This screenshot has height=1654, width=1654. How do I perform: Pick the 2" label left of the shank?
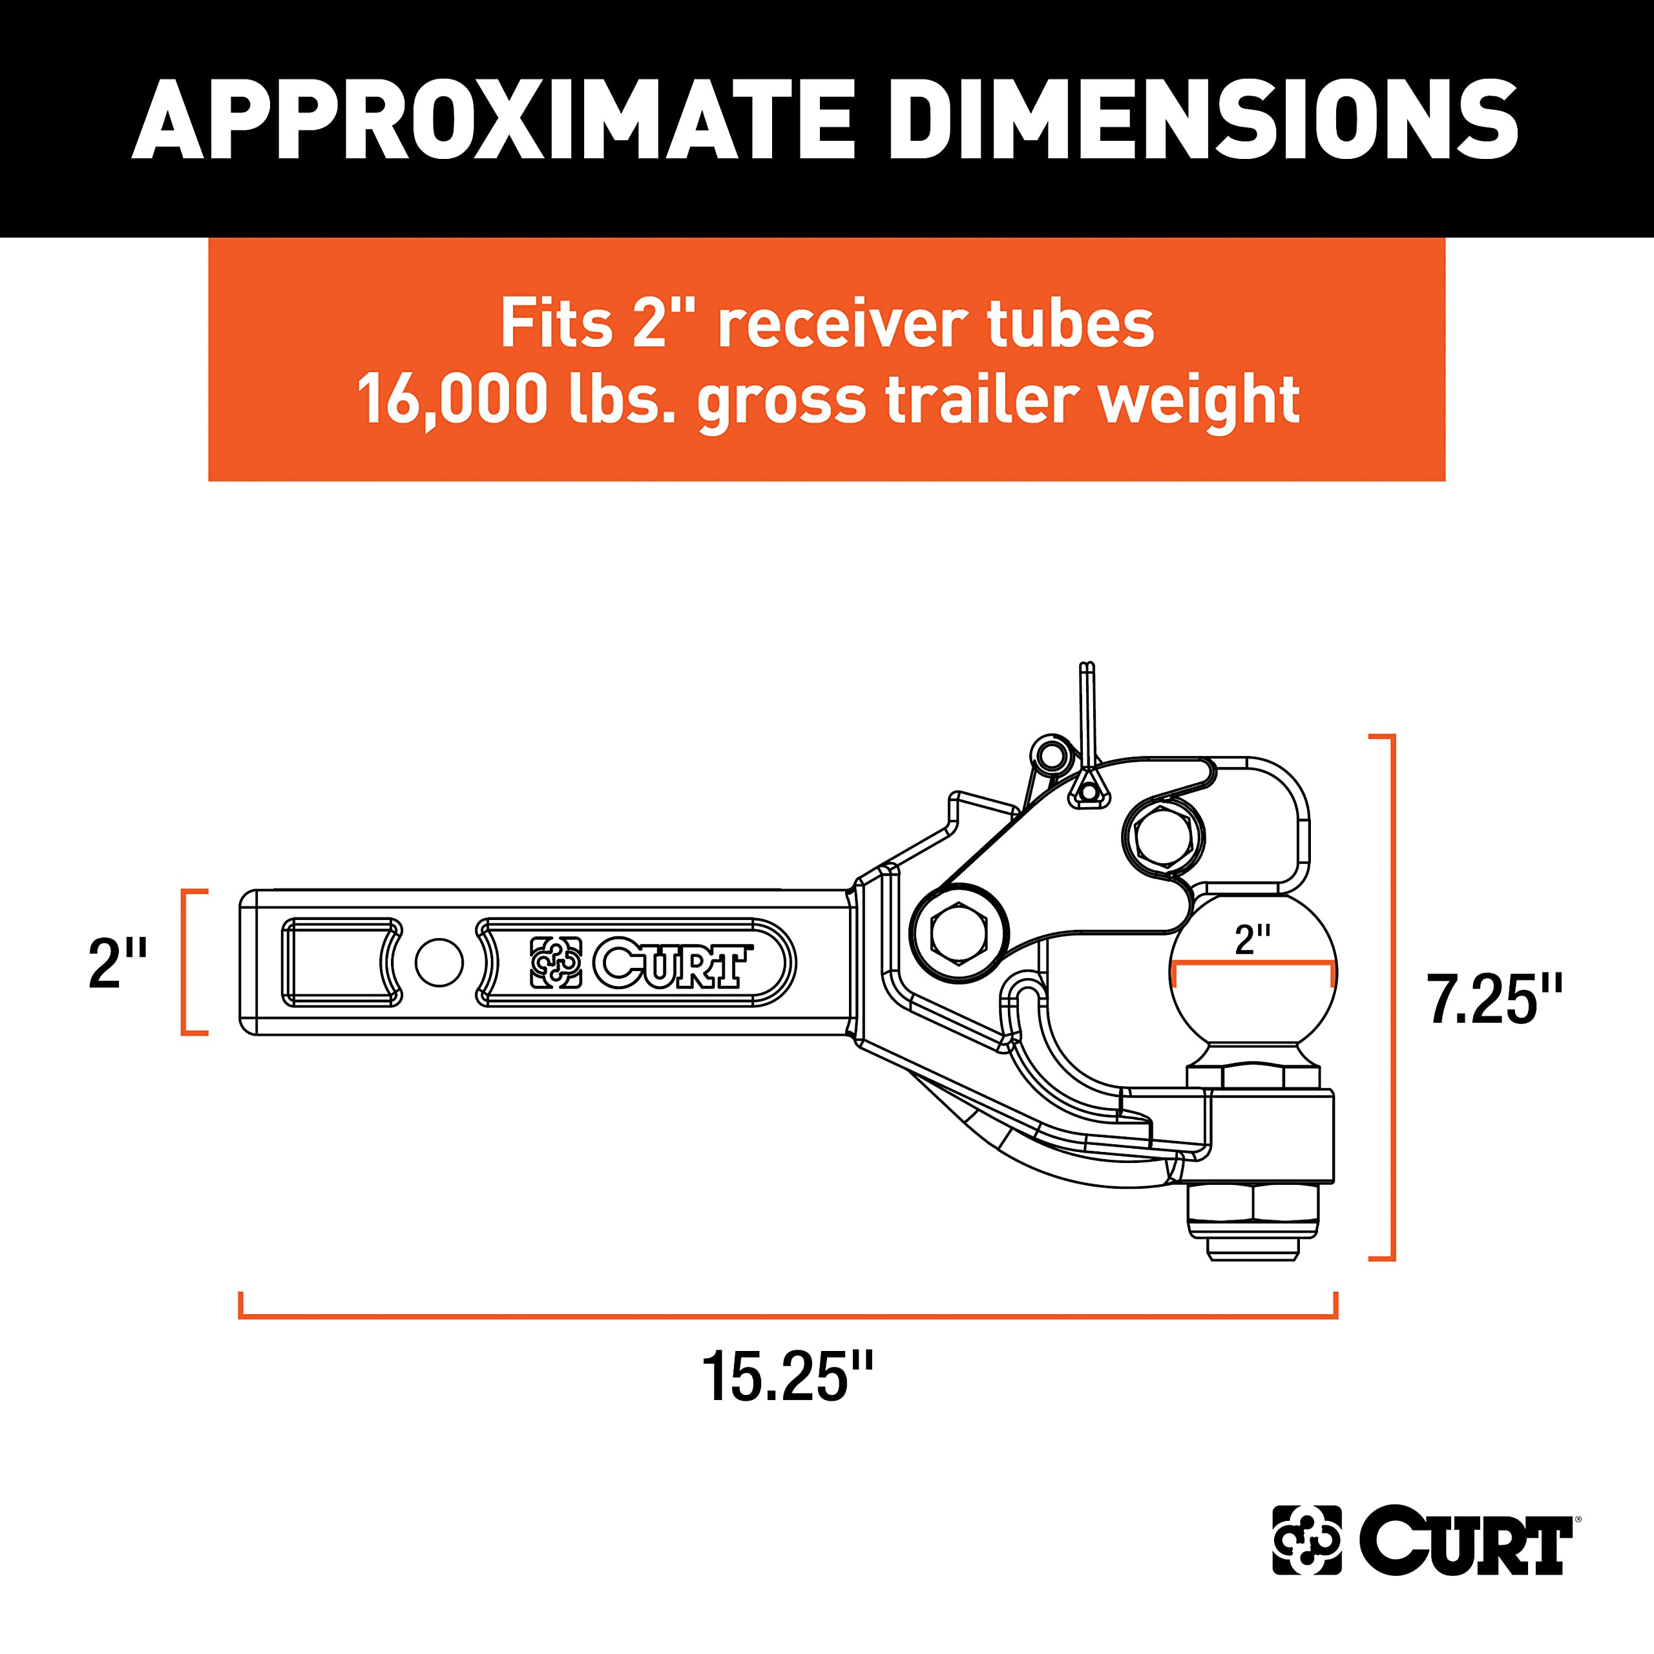(x=118, y=963)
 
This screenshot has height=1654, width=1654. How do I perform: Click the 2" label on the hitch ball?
(x=1253, y=940)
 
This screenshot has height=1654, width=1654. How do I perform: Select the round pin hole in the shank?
(x=439, y=962)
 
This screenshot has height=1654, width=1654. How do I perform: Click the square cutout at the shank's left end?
(x=340, y=962)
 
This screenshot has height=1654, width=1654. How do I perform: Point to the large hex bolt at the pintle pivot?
(x=959, y=932)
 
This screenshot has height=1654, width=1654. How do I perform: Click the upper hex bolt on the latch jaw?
(x=1162, y=835)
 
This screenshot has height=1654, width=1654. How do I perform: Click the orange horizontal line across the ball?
(x=1253, y=964)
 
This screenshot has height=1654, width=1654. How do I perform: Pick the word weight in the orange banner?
(x=1199, y=399)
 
